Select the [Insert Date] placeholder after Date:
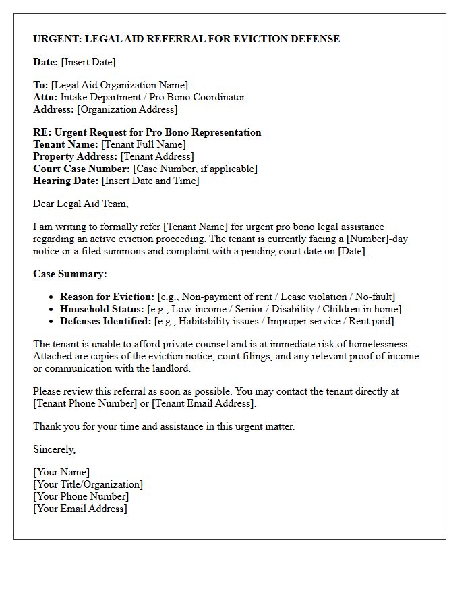[88, 62]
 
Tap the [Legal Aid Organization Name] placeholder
[119, 85]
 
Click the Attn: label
[44, 97]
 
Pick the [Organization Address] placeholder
[127, 109]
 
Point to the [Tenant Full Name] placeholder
[143, 144]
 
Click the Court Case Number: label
[82, 169]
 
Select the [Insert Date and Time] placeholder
[150, 181]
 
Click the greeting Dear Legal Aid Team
[80, 204]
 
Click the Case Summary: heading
[70, 274]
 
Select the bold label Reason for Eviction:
[107, 297]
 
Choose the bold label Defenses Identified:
[106, 321]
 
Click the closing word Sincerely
[55, 449]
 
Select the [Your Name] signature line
[61, 472]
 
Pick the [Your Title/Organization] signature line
[88, 484]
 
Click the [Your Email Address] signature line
[80, 509]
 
